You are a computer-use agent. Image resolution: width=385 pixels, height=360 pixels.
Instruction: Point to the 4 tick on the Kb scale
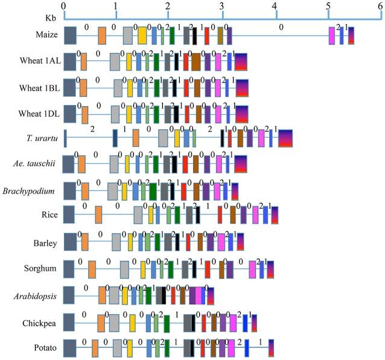click(x=275, y=6)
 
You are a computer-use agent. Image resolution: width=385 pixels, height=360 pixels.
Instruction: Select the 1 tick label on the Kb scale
click(x=116, y=6)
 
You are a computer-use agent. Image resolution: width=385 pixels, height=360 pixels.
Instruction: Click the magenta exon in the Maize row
click(x=332, y=36)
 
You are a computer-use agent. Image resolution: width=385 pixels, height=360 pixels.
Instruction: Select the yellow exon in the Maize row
click(x=142, y=36)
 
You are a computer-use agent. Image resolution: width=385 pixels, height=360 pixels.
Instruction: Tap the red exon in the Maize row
click(x=207, y=36)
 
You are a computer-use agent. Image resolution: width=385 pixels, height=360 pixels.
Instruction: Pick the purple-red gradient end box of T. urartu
click(x=285, y=139)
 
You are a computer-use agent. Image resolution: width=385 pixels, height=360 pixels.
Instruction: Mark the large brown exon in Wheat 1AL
click(x=196, y=62)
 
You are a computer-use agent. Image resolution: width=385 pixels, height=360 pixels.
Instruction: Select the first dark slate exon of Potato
click(x=69, y=348)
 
